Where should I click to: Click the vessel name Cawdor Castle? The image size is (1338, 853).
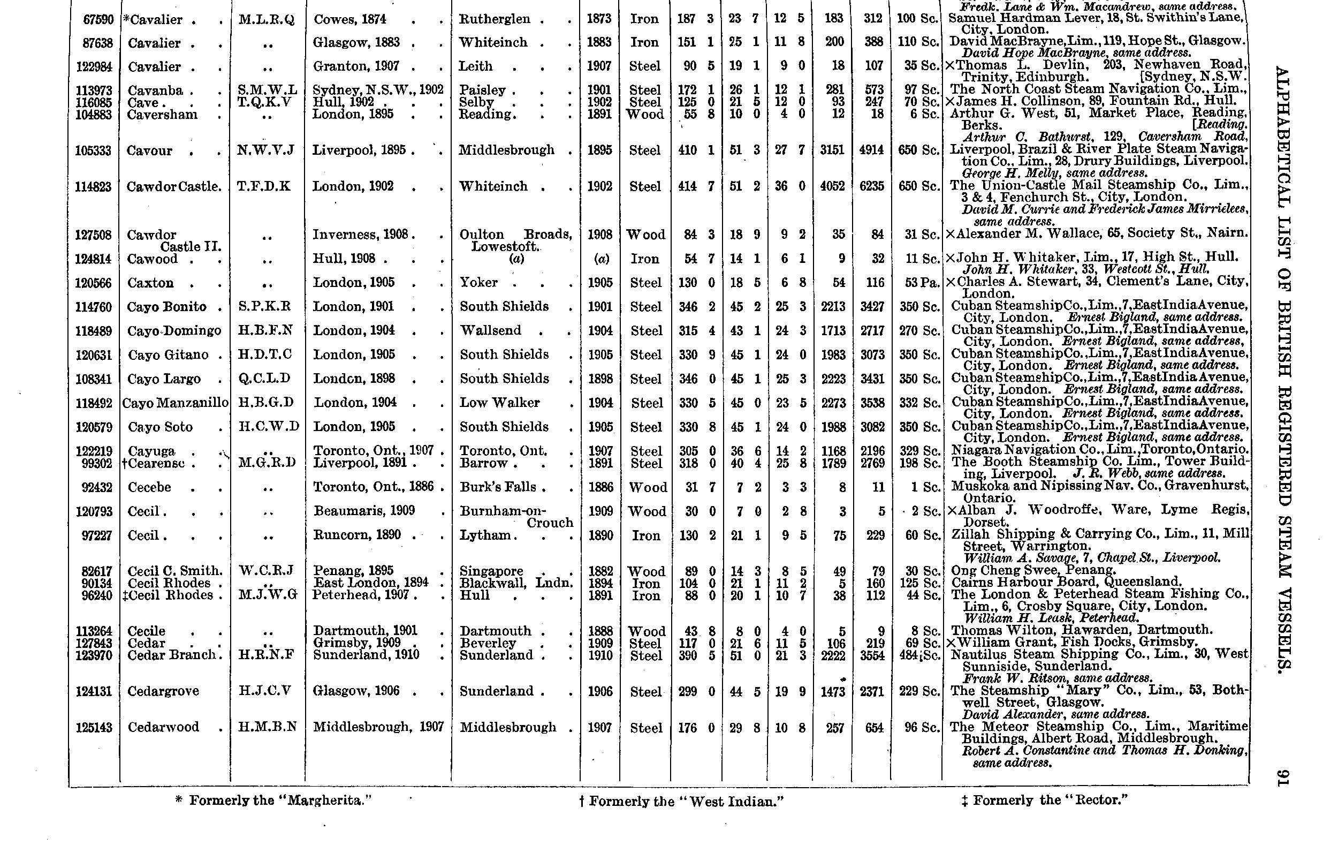pyautogui.click(x=173, y=187)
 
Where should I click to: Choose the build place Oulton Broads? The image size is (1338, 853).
pyautogui.click(x=515, y=235)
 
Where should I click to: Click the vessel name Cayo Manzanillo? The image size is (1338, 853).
pyautogui.click(x=175, y=403)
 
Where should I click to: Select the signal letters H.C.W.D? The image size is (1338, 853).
pyautogui.click(x=268, y=426)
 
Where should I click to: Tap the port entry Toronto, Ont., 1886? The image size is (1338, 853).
pyautogui.click(x=375, y=487)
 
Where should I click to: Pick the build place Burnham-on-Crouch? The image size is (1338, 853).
pyautogui.click(x=515, y=517)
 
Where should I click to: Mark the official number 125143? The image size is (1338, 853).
pyautogui.click(x=94, y=727)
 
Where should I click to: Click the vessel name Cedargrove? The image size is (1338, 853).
pyautogui.click(x=163, y=691)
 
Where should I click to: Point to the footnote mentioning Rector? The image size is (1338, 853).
pyautogui.click(x=1045, y=800)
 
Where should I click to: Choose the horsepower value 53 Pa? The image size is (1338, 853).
pyautogui.click(x=921, y=283)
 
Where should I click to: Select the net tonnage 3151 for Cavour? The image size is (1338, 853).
pyautogui.click(x=832, y=150)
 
